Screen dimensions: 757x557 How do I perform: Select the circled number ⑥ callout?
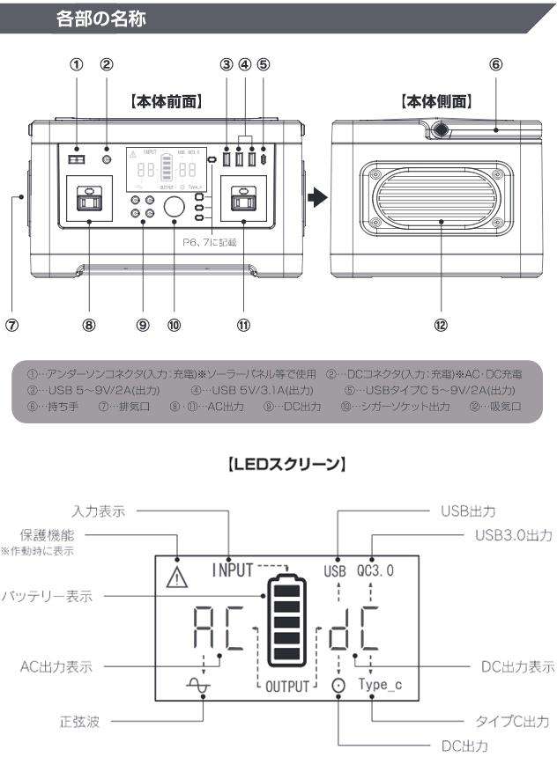pos(495,64)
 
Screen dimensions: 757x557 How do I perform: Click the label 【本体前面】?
pos(167,101)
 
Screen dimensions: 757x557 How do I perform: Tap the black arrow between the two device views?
pos(316,197)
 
